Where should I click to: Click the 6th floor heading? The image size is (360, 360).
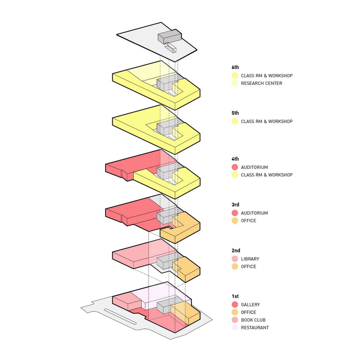tap(235, 67)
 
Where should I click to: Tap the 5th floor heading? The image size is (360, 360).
tap(235, 113)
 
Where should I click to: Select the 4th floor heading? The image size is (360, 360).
tap(235, 159)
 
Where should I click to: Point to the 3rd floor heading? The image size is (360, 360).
tap(235, 204)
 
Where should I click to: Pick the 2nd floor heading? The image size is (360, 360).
tap(236, 251)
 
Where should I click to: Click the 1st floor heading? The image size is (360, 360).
tap(235, 296)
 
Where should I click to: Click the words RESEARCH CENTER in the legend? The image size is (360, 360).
tap(262, 84)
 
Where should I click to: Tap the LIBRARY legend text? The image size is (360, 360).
tap(250, 259)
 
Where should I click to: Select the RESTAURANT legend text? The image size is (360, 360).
tap(255, 328)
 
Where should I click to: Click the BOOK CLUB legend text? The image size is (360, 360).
tap(253, 320)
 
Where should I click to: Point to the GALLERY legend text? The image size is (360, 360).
tap(250, 305)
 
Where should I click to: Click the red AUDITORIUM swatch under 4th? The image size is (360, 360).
tap(235, 167)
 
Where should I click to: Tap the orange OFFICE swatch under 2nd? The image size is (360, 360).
tap(235, 266)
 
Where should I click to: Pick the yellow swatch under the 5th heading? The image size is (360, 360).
tap(235, 121)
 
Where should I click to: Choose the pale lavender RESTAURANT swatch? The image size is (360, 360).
tap(235, 328)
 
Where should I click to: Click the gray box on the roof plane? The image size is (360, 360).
tap(169, 36)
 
